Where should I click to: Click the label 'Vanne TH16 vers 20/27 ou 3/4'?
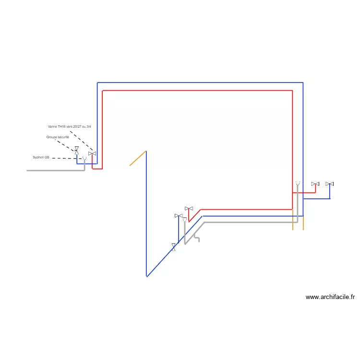pos(69,126)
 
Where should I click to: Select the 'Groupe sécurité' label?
pos(58,137)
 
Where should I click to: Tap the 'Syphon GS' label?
pos(41,157)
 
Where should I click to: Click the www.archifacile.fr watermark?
pos(330,297)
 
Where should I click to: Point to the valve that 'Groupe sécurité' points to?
pos(77,150)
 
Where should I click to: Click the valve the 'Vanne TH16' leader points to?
pos(92,154)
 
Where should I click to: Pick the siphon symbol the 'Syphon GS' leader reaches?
pos(84,158)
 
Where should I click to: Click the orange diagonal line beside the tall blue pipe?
pos(138,158)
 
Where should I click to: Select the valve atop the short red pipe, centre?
pos(189,209)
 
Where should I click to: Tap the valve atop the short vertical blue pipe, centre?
pos(179,216)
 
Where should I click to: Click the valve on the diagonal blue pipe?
pos(174,247)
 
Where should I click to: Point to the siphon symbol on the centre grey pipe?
pos(185,219)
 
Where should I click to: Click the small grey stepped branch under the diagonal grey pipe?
pos(197,237)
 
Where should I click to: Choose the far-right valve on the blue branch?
pos(330,184)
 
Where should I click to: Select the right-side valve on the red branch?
pos(315,184)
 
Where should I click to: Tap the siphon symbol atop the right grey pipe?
pos(298,184)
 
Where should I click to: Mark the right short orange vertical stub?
pos(303,223)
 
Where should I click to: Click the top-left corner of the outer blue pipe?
pos(97,83)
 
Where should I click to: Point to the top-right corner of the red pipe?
pos(293,90)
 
